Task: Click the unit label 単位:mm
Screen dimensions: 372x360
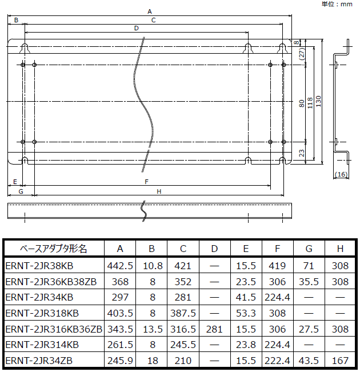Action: click(x=338, y=4)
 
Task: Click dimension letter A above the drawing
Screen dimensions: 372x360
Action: click(x=150, y=11)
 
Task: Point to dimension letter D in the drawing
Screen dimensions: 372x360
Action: click(x=136, y=27)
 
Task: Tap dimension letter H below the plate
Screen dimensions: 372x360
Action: click(x=159, y=191)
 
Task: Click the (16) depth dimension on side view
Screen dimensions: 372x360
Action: click(x=341, y=174)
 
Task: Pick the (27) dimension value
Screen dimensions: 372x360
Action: click(x=302, y=53)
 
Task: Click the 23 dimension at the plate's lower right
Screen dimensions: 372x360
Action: click(x=302, y=153)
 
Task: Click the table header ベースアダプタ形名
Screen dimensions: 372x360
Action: click(x=54, y=249)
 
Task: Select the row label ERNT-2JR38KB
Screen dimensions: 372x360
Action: click(x=39, y=266)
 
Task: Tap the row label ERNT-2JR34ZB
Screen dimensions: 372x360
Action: click(x=39, y=361)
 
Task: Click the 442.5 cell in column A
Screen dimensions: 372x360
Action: click(x=120, y=266)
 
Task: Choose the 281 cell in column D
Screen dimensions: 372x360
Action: click(x=214, y=329)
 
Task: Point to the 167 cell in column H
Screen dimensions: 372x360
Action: click(x=340, y=361)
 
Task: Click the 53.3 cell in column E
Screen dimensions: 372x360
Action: click(x=246, y=313)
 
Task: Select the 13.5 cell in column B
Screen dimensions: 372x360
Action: click(x=151, y=329)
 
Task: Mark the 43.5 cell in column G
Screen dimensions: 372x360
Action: click(x=309, y=361)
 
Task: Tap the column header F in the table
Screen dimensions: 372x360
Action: click(x=277, y=249)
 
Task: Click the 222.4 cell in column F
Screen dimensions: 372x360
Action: click(x=277, y=361)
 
